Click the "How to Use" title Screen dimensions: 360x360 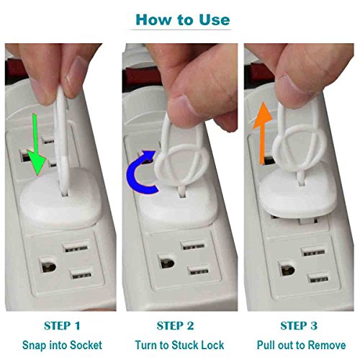[x=183, y=19]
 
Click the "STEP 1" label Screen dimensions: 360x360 [x=62, y=326]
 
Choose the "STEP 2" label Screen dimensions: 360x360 [x=175, y=326]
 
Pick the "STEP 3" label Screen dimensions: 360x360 [x=299, y=326]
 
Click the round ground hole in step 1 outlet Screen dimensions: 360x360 [x=48, y=266]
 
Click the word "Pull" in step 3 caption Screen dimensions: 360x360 [x=265, y=345]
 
